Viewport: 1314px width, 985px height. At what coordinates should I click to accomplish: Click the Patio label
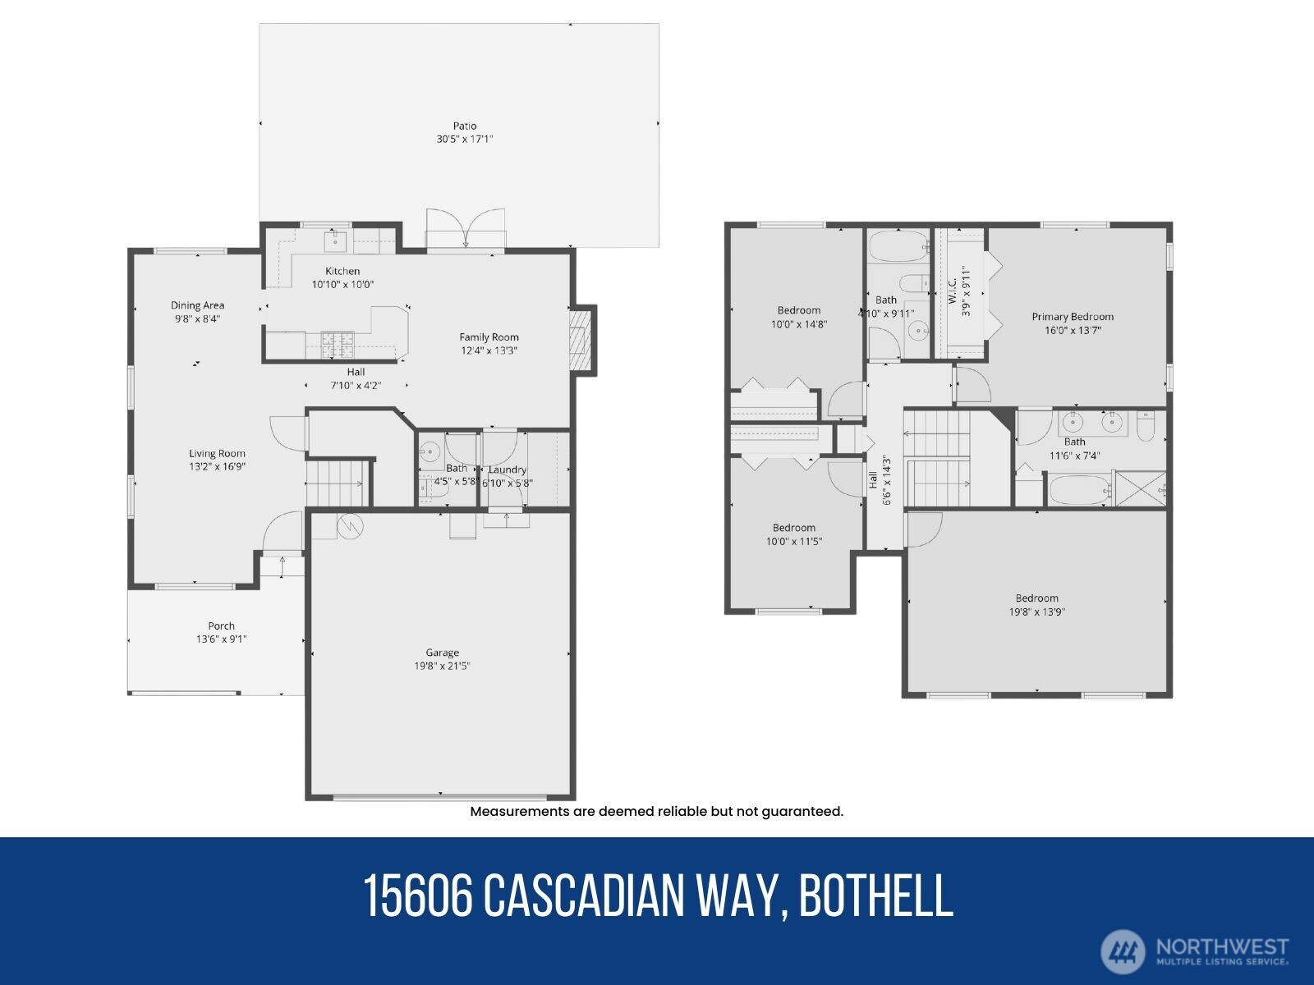[465, 126]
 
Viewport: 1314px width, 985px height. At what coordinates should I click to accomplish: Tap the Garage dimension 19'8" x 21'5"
[442, 667]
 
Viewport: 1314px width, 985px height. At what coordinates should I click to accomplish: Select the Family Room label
[489, 337]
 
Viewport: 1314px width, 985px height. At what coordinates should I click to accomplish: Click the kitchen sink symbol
[337, 241]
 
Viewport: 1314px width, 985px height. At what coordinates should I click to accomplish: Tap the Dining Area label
[197, 305]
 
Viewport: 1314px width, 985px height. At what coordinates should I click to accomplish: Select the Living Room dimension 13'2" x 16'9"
[217, 466]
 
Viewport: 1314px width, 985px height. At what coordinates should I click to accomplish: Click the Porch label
[221, 625]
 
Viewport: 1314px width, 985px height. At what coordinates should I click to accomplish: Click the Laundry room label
[507, 470]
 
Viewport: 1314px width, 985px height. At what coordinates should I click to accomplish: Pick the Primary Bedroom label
[1073, 317]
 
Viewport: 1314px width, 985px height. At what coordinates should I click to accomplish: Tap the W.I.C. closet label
[953, 286]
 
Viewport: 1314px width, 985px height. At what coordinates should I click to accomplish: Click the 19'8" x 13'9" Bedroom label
[1036, 598]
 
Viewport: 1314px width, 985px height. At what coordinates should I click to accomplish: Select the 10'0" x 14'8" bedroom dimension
[798, 324]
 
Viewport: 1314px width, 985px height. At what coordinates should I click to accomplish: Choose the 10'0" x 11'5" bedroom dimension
[793, 542]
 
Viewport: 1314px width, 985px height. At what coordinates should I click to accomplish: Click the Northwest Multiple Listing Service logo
[1195, 951]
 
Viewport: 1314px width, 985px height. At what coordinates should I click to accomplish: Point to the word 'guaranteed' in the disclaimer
[802, 812]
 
